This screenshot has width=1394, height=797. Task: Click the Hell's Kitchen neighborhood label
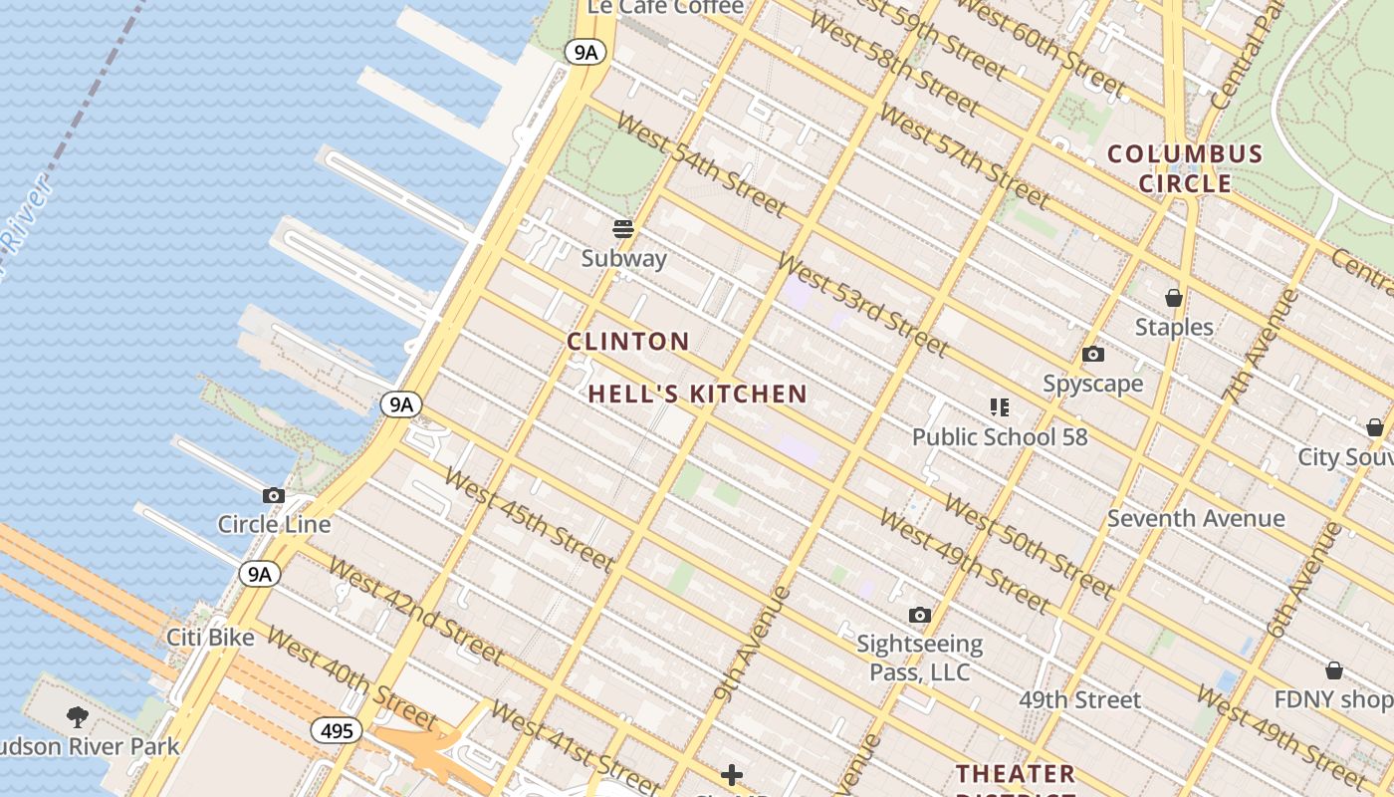(x=697, y=395)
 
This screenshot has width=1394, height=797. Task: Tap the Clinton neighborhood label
(x=628, y=342)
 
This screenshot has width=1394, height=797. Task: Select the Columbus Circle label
(x=1185, y=169)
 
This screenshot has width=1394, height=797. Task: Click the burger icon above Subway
(x=623, y=229)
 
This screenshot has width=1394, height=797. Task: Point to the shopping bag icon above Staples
(x=1174, y=298)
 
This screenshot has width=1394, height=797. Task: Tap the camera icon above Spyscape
(x=1092, y=355)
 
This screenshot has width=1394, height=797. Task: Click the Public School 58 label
(x=1000, y=436)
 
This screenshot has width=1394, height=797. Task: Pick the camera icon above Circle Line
(x=273, y=495)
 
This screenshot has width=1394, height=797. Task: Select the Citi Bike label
(x=210, y=637)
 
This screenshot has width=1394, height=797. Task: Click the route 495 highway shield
(x=337, y=731)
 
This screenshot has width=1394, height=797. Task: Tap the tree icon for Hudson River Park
(x=77, y=716)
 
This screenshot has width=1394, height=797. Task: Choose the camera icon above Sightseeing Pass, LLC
(x=920, y=615)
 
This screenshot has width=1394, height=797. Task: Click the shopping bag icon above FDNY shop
(x=1333, y=670)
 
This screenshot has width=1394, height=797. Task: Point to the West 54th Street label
(x=701, y=163)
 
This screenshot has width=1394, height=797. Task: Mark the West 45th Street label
(x=529, y=519)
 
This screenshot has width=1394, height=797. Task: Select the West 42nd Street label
(x=415, y=611)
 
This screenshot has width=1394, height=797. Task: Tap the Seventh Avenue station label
(x=1196, y=518)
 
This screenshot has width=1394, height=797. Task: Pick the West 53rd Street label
(x=862, y=305)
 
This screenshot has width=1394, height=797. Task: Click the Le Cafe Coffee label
(x=665, y=7)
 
